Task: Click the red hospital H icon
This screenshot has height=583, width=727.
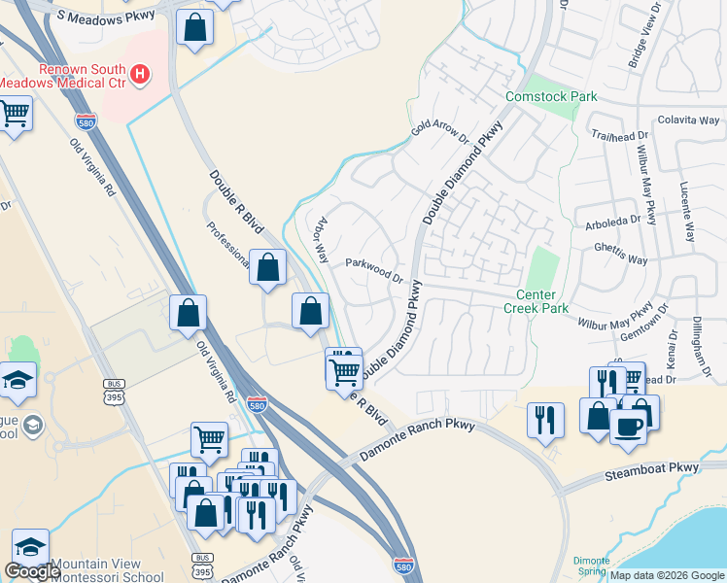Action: point(140,73)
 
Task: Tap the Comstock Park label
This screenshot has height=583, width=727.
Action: point(551,97)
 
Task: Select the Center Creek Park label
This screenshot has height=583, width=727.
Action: point(536,301)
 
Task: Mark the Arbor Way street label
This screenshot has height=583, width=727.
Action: point(319,240)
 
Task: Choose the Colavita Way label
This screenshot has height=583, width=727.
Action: point(688,120)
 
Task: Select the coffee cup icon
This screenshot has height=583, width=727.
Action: point(629,426)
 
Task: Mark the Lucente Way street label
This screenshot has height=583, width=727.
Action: point(687,211)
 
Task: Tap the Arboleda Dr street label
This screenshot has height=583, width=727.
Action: point(612,220)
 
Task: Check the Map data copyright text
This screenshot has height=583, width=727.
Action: point(667,575)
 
